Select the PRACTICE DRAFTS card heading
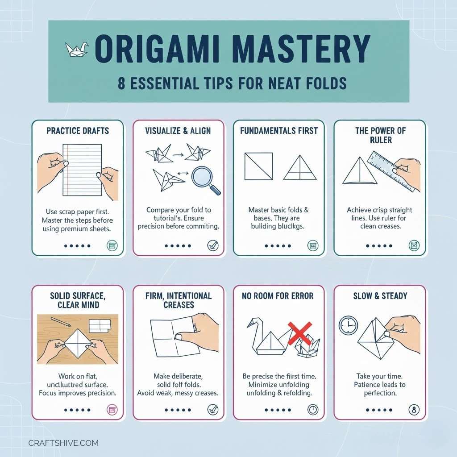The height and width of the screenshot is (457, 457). pos(78,131)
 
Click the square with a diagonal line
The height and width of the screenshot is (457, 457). pos(258,166)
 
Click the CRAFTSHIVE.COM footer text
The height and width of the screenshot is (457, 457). pos(63,443)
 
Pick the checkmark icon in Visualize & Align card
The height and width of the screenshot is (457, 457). pos(212,245)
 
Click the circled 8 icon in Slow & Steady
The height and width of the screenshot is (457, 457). pos(414,409)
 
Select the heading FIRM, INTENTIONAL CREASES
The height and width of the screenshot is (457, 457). pos(179,300)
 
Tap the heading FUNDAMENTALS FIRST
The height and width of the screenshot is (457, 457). pos(279,131)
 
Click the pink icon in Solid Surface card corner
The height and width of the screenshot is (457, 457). pos(112,409)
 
